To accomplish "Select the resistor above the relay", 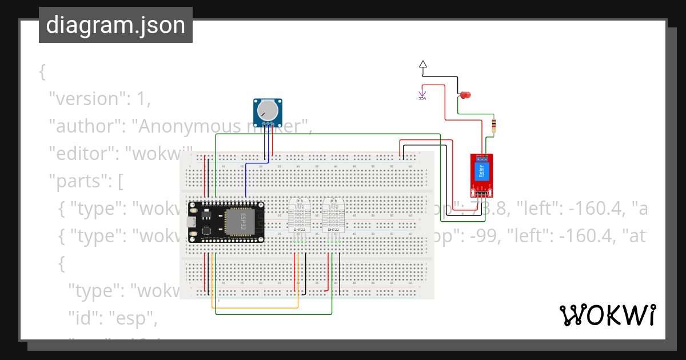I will pos(494,125).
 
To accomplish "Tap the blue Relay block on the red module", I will pos(481,172).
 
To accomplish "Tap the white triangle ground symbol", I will pos(422,65).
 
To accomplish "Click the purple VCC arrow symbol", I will pos(422,94).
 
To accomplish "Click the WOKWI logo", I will pos(607,315).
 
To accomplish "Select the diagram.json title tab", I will pos(115,25).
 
